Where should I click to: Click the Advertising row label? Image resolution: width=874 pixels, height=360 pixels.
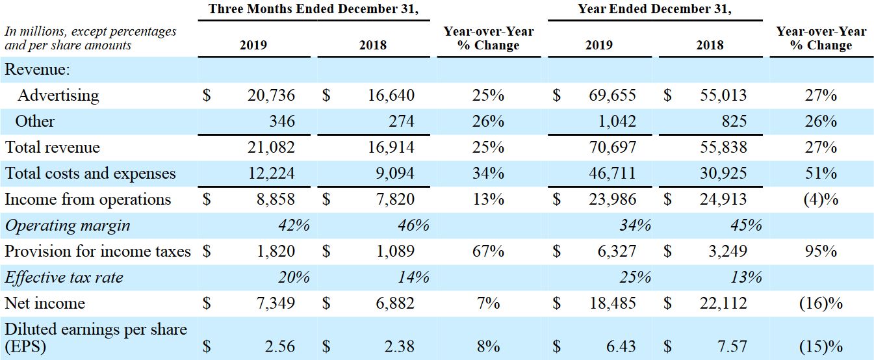[58, 96]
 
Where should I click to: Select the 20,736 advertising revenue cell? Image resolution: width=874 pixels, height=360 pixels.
[271, 96]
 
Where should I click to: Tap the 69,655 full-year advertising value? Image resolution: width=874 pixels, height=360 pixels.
[613, 96]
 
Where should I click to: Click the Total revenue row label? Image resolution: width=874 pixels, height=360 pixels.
[53, 148]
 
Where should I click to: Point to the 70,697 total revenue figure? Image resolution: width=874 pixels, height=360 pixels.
[613, 148]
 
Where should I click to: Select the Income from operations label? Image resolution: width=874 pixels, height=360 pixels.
[88, 199]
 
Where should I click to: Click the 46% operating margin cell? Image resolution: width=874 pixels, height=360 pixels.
[413, 225]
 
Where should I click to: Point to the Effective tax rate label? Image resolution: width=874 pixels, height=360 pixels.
[64, 277]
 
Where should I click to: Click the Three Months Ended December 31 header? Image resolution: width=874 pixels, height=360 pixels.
[314, 10]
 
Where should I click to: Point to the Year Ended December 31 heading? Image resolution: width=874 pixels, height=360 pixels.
[654, 10]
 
